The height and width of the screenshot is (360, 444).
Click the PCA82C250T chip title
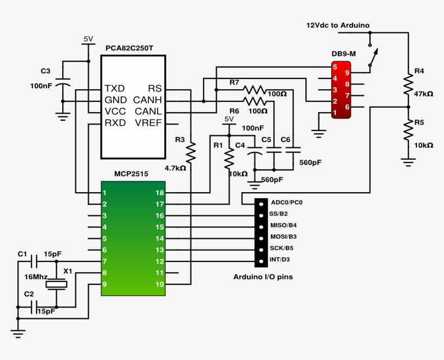(129, 48)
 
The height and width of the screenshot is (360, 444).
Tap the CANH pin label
(145, 100)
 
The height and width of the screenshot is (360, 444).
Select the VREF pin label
(149, 123)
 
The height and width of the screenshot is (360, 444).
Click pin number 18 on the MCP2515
(159, 193)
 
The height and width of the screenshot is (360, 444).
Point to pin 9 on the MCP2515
(105, 284)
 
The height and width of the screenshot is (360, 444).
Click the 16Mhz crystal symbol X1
(56, 283)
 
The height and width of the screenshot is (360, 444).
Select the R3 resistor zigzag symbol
(191, 153)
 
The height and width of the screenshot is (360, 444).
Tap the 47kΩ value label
(423, 94)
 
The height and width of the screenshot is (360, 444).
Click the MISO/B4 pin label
(284, 225)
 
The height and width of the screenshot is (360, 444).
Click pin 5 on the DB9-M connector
(336, 67)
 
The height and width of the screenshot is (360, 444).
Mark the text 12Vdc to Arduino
(338, 25)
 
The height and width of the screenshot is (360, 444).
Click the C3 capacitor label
(45, 71)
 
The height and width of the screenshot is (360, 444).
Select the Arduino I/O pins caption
(263, 277)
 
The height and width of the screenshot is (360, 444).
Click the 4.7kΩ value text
(175, 168)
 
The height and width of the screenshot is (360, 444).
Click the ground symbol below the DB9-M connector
(319, 130)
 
